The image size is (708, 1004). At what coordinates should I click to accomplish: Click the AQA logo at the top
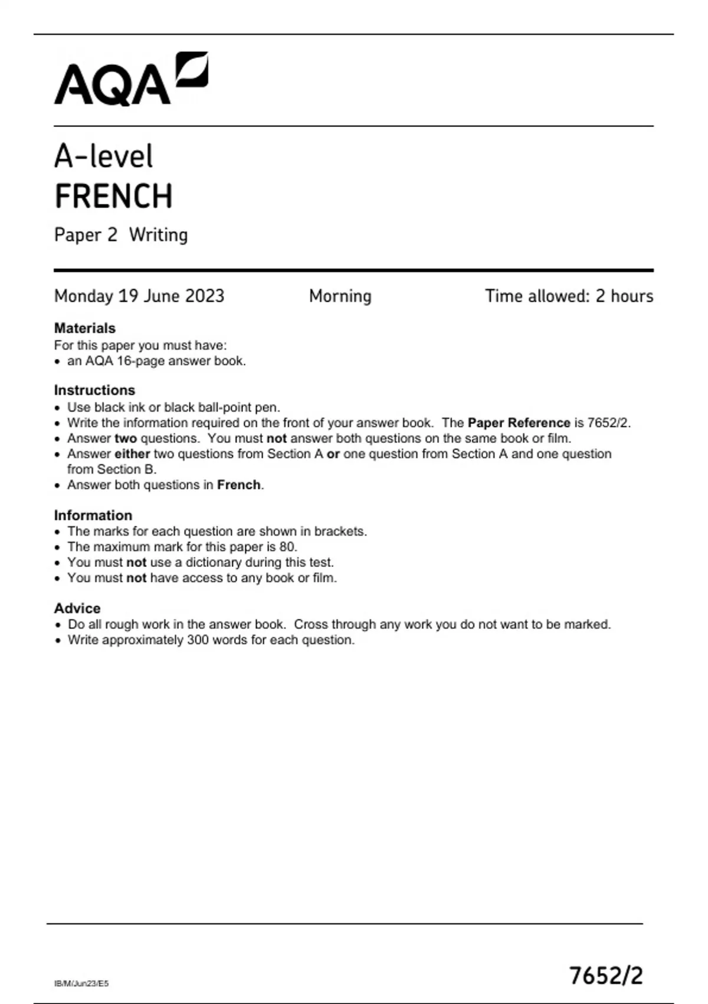pos(131,80)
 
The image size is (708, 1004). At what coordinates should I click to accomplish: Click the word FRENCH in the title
pos(113,197)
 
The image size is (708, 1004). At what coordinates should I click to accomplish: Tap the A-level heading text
pos(103,157)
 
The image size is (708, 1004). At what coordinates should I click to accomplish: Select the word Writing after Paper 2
pos(158,235)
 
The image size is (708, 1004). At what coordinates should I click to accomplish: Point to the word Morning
pos(340,296)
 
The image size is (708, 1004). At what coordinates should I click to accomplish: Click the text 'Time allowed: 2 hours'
pos(569,296)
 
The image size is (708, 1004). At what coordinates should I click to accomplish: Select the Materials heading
pos(84,328)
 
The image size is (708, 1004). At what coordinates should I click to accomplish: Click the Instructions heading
pos(94,390)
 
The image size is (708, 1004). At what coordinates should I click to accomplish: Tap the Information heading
pos(93,516)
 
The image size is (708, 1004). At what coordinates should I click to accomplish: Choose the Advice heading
pos(77,608)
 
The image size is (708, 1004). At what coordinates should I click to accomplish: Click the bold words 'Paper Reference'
pos(519,423)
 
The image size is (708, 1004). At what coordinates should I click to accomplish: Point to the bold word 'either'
pos(132,454)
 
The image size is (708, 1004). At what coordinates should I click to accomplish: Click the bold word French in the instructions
pos(238,485)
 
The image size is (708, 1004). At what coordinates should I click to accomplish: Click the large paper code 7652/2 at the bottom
pos(605,976)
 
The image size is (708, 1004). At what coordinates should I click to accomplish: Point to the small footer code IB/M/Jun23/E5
pos(81,983)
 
